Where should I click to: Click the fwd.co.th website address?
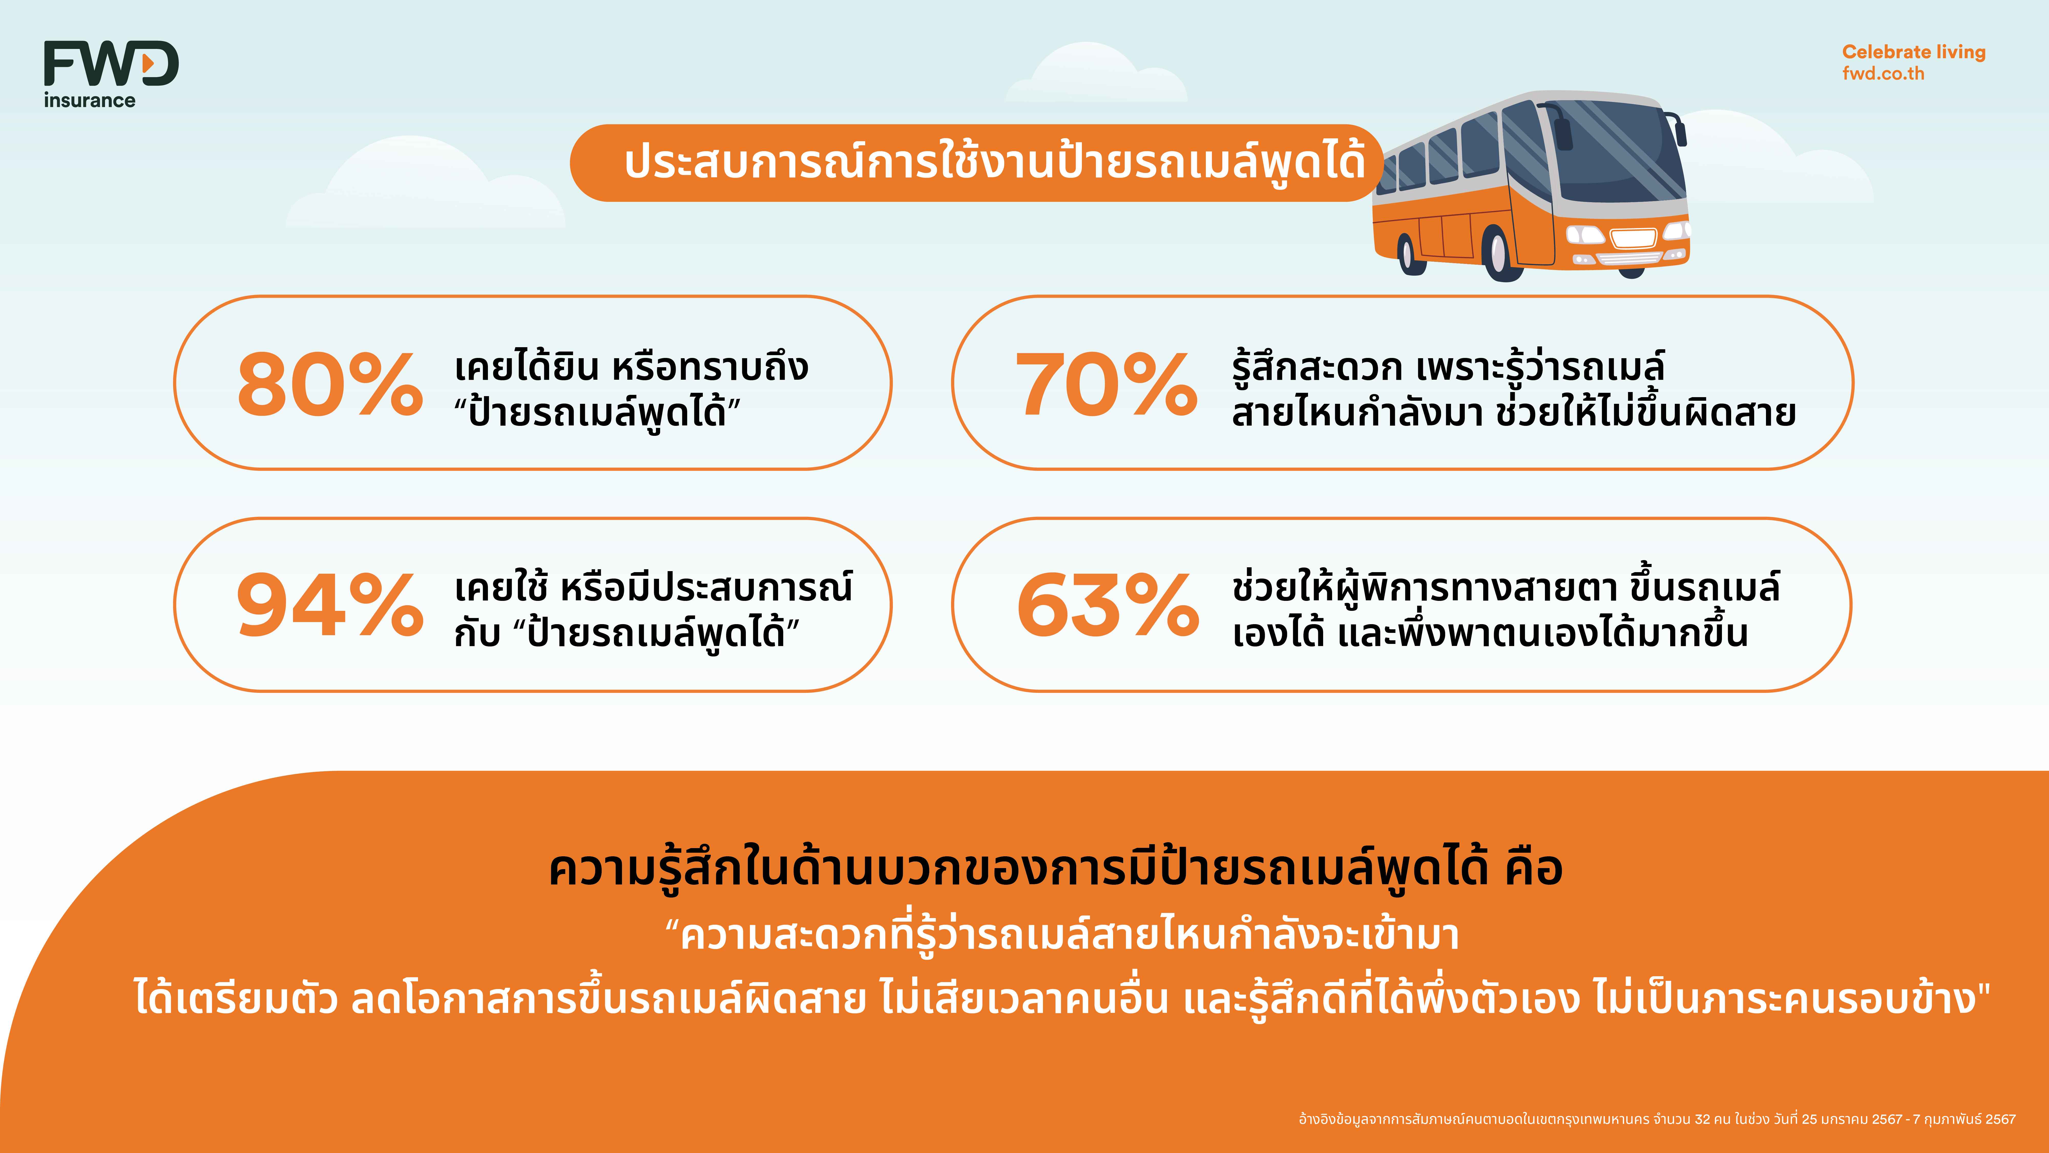[x=1883, y=73]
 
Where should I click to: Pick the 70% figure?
[x=1106, y=385]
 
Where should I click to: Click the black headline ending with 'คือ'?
[x=1055, y=869]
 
